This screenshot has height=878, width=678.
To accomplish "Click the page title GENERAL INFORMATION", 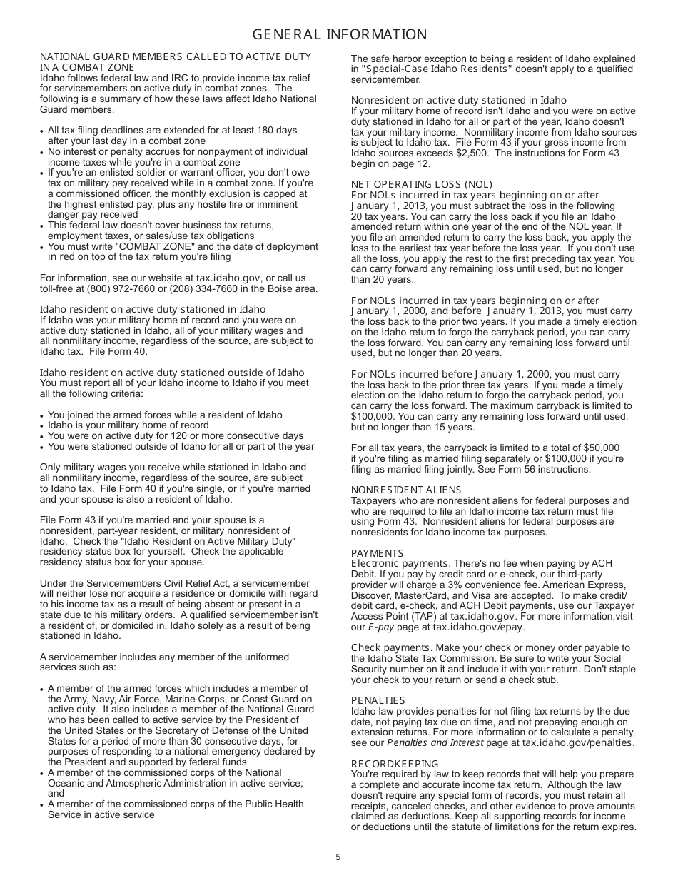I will click(339, 35).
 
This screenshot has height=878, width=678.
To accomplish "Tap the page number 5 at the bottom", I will click(338, 857).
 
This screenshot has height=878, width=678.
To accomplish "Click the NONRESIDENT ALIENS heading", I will click(405, 490).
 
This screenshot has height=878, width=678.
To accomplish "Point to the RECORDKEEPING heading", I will click(395, 764).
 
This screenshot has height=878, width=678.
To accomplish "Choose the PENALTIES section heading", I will click(378, 700).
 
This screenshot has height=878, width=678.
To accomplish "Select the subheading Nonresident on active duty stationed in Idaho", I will click(458, 100).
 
